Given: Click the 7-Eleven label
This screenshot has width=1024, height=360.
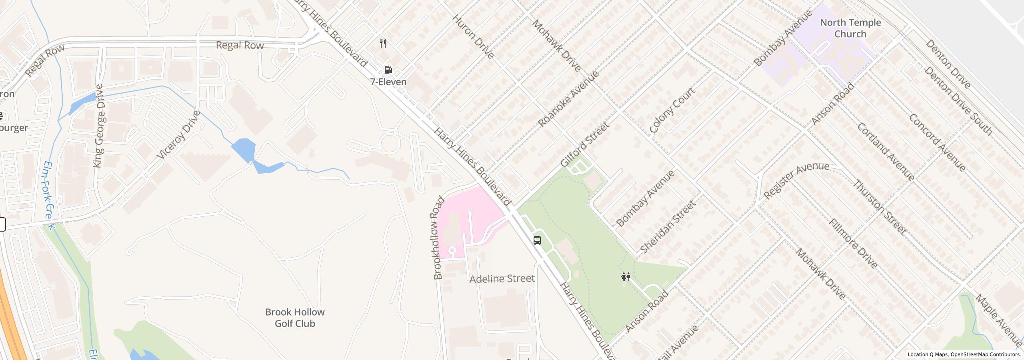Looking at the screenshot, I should tap(388, 82).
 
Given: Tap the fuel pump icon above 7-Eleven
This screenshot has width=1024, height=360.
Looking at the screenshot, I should tap(388, 70).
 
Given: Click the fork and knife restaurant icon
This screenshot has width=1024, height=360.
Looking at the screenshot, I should tap(383, 44).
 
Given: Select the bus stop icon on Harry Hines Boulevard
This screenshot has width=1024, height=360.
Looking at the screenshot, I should tap(537, 240).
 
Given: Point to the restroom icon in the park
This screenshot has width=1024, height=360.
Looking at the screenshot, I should tap(626, 276).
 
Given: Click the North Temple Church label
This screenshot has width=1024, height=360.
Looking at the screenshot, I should tap(850, 28).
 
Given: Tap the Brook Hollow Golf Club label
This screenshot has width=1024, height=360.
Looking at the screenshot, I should tap(295, 318).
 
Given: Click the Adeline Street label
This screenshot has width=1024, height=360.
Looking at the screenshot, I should tap(502, 278).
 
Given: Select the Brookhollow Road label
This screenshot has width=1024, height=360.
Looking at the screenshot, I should tap(439, 238).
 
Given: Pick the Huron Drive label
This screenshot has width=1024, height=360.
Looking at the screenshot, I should tap(474, 37).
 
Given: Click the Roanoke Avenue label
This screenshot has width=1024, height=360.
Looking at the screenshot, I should tap(568, 99).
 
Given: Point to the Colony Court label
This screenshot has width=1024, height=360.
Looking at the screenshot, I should tap(672, 110).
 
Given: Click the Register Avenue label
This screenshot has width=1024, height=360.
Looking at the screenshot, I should tap(796, 180).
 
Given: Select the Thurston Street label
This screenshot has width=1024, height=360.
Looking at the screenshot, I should tap(880, 207).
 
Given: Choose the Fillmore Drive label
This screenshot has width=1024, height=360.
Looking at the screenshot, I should tap(853, 243).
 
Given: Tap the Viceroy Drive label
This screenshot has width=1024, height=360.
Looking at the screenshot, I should tap(178, 135).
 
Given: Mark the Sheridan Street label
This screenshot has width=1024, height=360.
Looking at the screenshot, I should tap(668, 227).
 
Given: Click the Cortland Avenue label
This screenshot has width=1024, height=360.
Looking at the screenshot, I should tap(886, 152).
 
